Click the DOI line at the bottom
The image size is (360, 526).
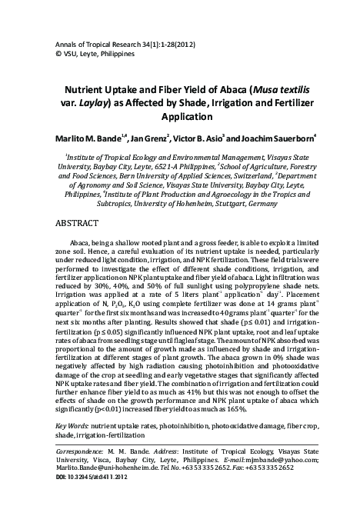point(92,499)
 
